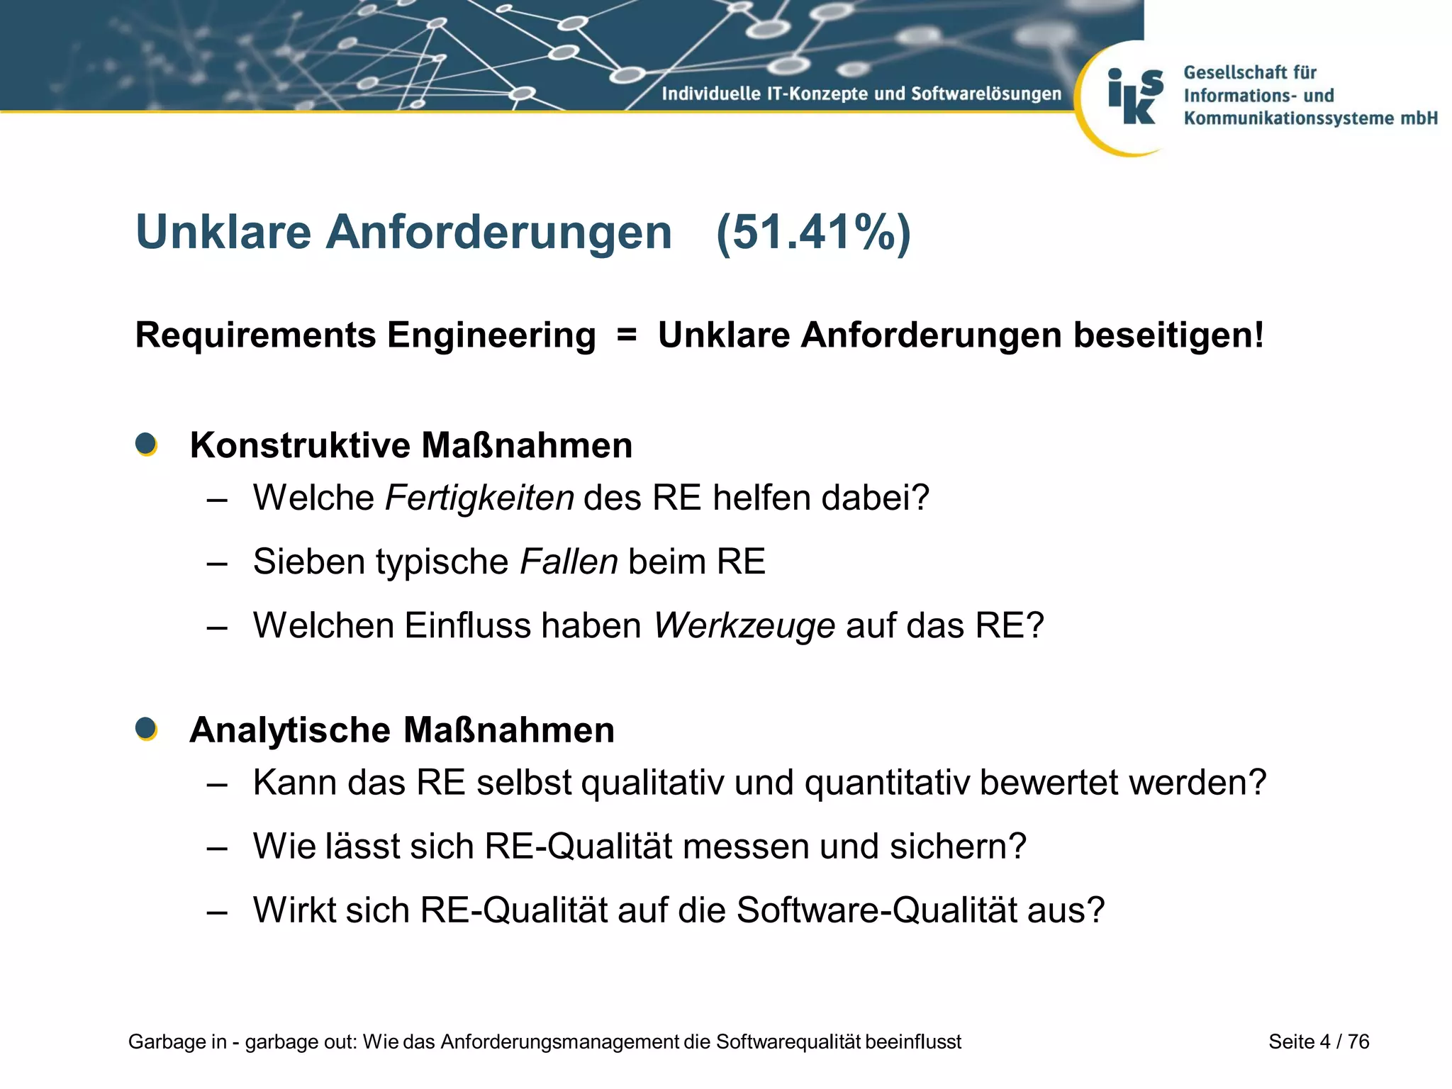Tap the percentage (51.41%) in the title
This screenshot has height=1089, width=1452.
tap(813, 233)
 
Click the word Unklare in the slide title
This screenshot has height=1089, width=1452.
tap(223, 233)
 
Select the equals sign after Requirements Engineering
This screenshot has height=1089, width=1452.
tap(627, 335)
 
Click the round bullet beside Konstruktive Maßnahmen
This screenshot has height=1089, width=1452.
tap(146, 445)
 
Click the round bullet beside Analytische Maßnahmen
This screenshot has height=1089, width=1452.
tap(146, 729)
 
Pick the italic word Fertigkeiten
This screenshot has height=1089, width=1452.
tap(479, 498)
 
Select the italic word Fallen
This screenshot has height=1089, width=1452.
tap(569, 562)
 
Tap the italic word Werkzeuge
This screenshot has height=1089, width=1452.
tap(744, 626)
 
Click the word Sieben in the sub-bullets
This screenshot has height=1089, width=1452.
tap(308, 562)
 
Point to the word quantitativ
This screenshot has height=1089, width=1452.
tap(886, 783)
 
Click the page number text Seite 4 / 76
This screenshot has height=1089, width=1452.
tap(1319, 1041)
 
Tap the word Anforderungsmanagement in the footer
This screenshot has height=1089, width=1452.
tap(559, 1041)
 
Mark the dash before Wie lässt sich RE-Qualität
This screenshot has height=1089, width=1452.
tap(217, 848)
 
